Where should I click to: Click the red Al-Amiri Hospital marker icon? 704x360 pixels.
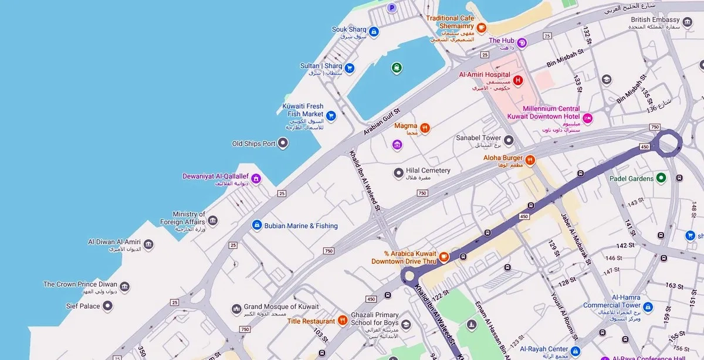(517, 80)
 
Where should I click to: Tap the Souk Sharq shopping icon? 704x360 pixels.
(374, 30)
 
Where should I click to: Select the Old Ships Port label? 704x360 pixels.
(253, 144)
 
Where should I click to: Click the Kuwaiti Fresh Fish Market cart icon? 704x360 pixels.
(331, 116)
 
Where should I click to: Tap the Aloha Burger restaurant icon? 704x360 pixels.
(530, 159)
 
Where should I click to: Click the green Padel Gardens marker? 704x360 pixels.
(661, 178)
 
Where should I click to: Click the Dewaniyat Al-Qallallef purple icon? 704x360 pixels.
(256, 179)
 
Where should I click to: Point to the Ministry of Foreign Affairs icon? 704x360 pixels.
(212, 220)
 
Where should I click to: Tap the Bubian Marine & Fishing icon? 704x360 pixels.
(256, 225)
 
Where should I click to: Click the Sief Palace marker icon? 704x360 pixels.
(107, 305)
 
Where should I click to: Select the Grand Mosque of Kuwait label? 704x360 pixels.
(281, 307)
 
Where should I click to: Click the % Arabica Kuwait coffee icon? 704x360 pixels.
(444, 256)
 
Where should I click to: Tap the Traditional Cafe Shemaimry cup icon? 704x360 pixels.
(481, 27)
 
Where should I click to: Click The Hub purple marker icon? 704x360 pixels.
(522, 42)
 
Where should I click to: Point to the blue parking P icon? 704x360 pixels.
(392, 8)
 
